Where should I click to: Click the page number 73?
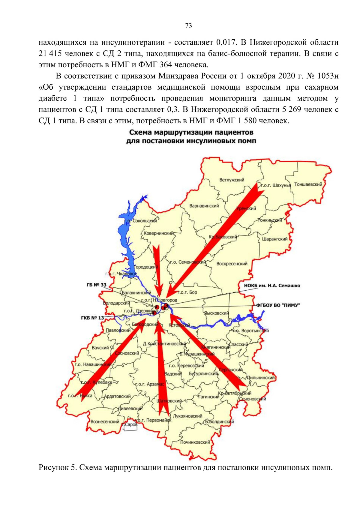(x=188, y=26)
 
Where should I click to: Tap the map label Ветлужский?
(x=232, y=180)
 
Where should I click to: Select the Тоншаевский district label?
(x=308, y=184)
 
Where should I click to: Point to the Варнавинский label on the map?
(x=204, y=206)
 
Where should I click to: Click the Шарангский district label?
(x=275, y=239)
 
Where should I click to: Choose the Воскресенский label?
(x=232, y=264)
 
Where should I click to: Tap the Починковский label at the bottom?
(x=195, y=442)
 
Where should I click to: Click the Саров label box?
(x=131, y=425)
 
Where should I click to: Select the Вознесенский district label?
(x=105, y=422)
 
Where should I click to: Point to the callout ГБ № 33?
(x=96, y=285)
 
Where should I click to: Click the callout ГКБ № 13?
(x=92, y=318)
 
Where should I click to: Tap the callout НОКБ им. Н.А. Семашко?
(x=272, y=286)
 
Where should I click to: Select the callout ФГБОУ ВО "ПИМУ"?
(x=278, y=305)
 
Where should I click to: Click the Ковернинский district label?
(x=159, y=233)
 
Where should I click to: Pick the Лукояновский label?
(x=187, y=416)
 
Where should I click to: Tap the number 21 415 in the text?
(x=50, y=54)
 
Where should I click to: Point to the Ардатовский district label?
(x=117, y=396)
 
